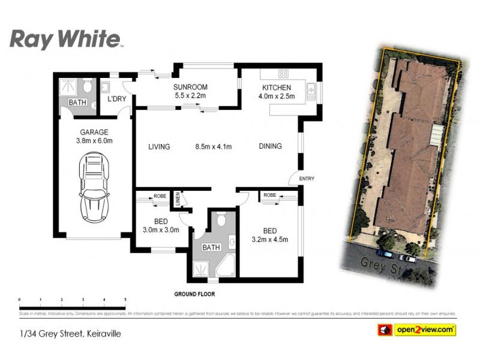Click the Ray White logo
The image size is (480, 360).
point(67,40)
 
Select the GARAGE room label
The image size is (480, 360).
point(94,133)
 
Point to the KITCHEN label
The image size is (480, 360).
point(276,88)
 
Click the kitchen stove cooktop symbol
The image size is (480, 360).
point(283,74)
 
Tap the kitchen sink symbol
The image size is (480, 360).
point(311,92)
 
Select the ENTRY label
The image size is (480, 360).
point(306,178)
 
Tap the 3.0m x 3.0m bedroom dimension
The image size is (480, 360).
point(160,230)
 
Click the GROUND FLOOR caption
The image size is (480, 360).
point(194,295)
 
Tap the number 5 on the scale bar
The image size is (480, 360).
point(125,299)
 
